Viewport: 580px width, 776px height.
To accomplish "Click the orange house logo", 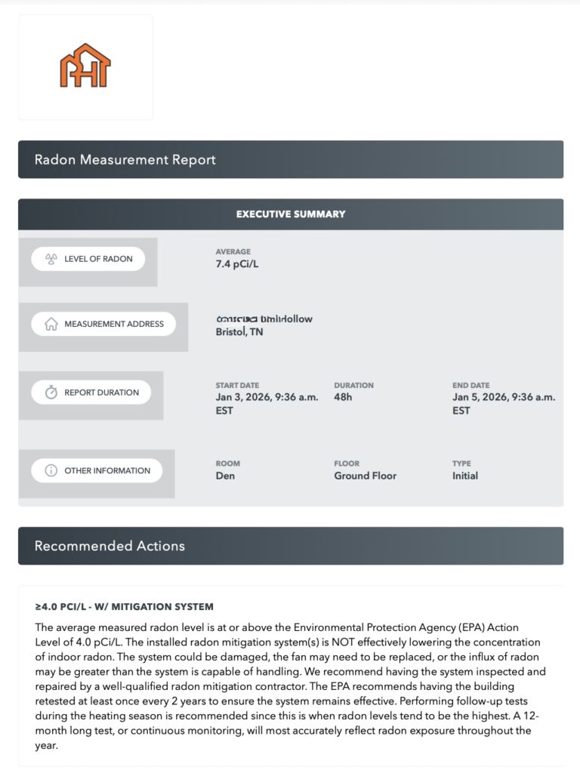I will point(85,66).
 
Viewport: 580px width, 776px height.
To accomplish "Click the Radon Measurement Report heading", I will point(125,160).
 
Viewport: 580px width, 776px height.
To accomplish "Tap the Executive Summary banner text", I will point(291,214).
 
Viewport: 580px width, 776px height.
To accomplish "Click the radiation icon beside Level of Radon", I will point(51,259).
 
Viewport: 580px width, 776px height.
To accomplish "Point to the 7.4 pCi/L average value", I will point(238,264).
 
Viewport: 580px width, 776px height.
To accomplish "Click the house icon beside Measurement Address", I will point(51,324).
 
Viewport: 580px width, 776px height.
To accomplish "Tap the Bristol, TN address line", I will point(239,332).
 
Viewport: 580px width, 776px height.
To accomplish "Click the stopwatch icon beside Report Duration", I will point(51,393).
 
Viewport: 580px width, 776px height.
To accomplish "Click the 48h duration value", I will point(343,397).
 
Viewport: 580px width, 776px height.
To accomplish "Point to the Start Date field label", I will point(237,385).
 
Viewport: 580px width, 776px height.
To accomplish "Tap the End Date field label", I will point(470,385).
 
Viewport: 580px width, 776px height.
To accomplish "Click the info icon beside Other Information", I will point(51,471).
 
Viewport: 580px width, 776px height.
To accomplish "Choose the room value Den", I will point(225,476).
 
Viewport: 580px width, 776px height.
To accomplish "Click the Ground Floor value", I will point(365,476).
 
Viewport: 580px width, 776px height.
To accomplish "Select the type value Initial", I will point(465,476).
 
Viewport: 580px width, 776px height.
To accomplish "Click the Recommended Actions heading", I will point(110,546).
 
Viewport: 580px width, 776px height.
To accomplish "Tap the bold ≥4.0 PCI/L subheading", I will point(124,607).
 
